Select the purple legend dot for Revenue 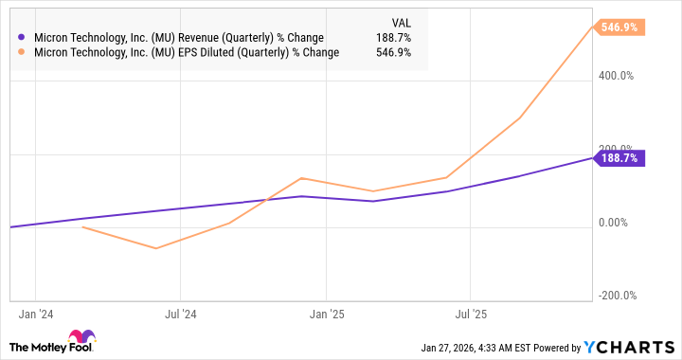click(22, 38)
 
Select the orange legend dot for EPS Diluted click(22, 53)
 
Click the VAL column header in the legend click(401, 21)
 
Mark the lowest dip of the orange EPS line click(156, 248)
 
